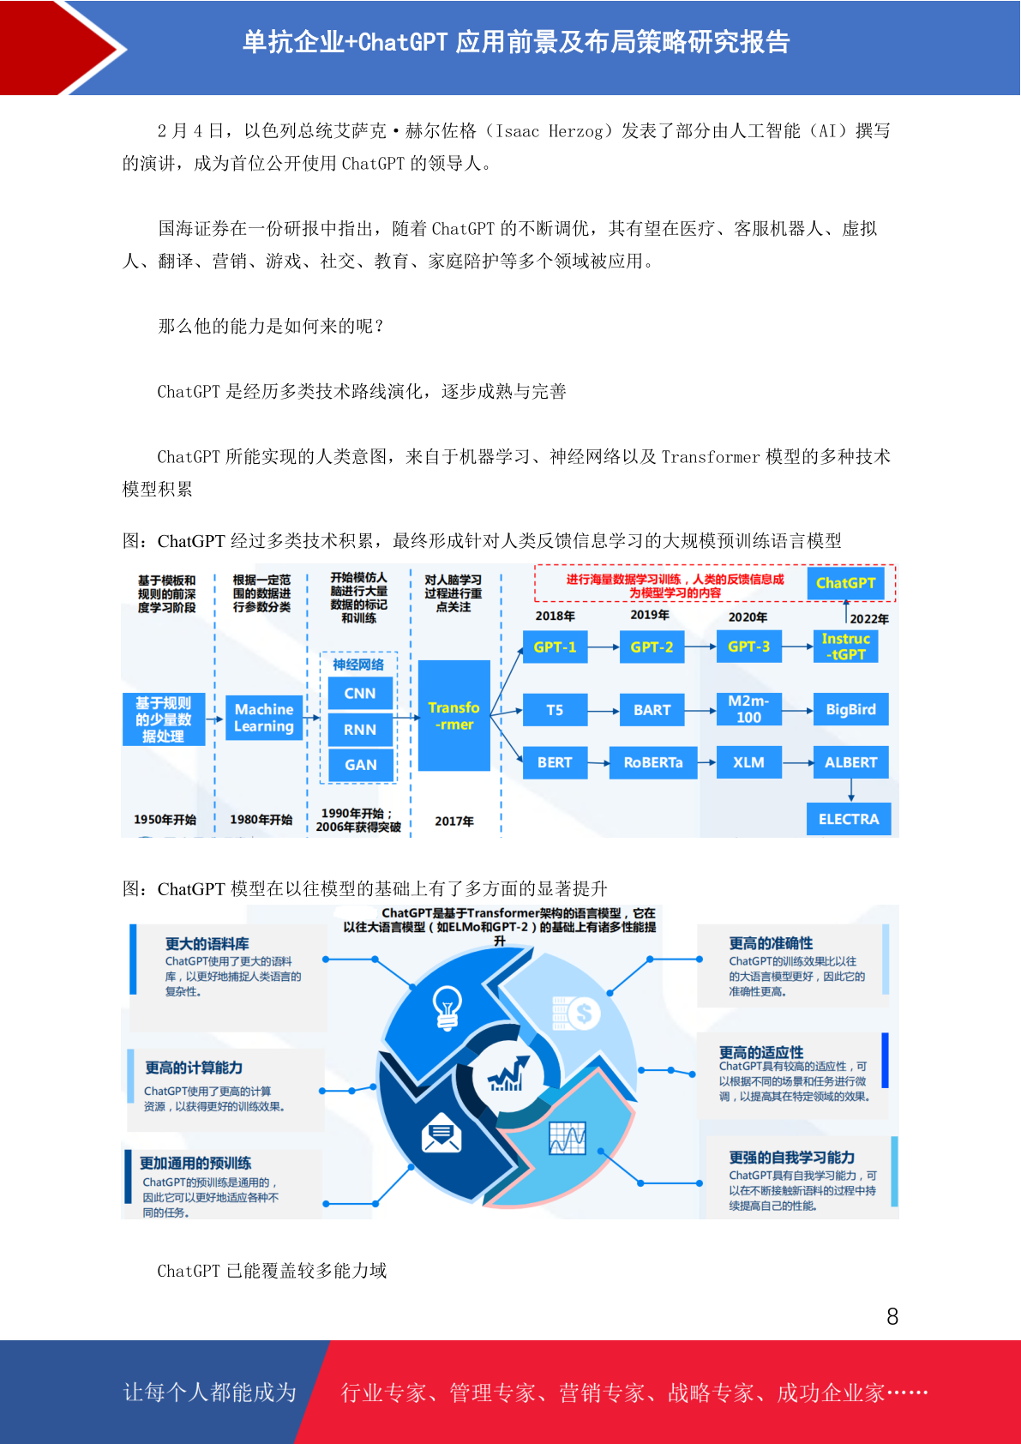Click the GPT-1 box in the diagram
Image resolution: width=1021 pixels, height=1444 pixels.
click(x=555, y=647)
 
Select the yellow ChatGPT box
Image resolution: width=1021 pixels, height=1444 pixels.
click(x=845, y=583)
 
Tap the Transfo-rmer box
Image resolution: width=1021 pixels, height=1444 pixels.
click(x=453, y=715)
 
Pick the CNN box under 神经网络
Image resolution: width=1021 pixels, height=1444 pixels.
click(x=360, y=694)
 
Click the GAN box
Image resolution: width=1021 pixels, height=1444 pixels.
click(x=360, y=765)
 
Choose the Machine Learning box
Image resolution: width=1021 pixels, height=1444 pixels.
click(x=264, y=718)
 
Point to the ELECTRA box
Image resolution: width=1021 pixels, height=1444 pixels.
click(x=848, y=819)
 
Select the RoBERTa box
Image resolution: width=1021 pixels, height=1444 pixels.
click(x=653, y=762)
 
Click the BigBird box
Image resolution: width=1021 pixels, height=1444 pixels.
click(x=850, y=709)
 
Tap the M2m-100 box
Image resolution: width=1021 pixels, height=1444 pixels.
click(x=749, y=709)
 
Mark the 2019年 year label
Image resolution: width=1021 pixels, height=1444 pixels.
click(x=650, y=615)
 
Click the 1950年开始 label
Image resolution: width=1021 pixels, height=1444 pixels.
click(x=165, y=820)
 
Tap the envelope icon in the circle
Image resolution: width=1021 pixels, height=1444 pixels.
click(x=441, y=1133)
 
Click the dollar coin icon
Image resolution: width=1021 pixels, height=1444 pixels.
click(x=583, y=1014)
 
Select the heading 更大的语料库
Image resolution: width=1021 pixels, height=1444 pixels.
click(x=207, y=944)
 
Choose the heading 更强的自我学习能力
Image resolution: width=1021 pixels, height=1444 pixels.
click(x=791, y=1157)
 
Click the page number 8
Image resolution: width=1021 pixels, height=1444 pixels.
click(x=892, y=1316)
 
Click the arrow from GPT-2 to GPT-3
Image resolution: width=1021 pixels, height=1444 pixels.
click(x=700, y=647)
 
